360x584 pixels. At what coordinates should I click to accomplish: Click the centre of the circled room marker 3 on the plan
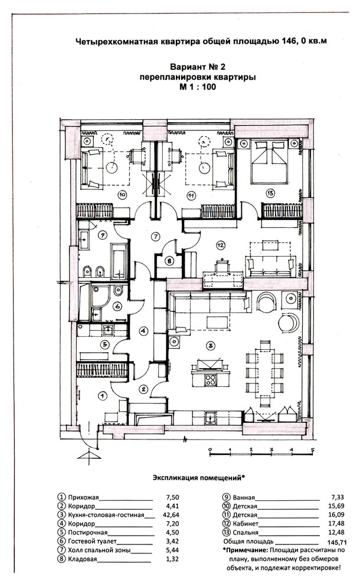click(x=211, y=346)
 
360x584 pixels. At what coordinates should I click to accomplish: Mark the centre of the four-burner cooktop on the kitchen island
click(x=211, y=379)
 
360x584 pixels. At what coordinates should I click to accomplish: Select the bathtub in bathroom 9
click(x=119, y=261)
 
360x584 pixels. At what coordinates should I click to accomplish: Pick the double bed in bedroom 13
click(x=270, y=162)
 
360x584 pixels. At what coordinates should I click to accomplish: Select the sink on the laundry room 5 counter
click(x=109, y=329)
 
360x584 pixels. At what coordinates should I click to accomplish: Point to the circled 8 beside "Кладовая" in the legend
click(x=61, y=559)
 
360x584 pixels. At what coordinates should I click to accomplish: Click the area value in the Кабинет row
click(x=337, y=524)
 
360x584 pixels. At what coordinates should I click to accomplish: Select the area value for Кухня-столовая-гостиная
click(x=171, y=515)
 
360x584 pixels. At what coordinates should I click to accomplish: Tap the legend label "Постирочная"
click(x=87, y=532)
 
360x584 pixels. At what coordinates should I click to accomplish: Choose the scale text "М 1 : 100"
click(x=198, y=87)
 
